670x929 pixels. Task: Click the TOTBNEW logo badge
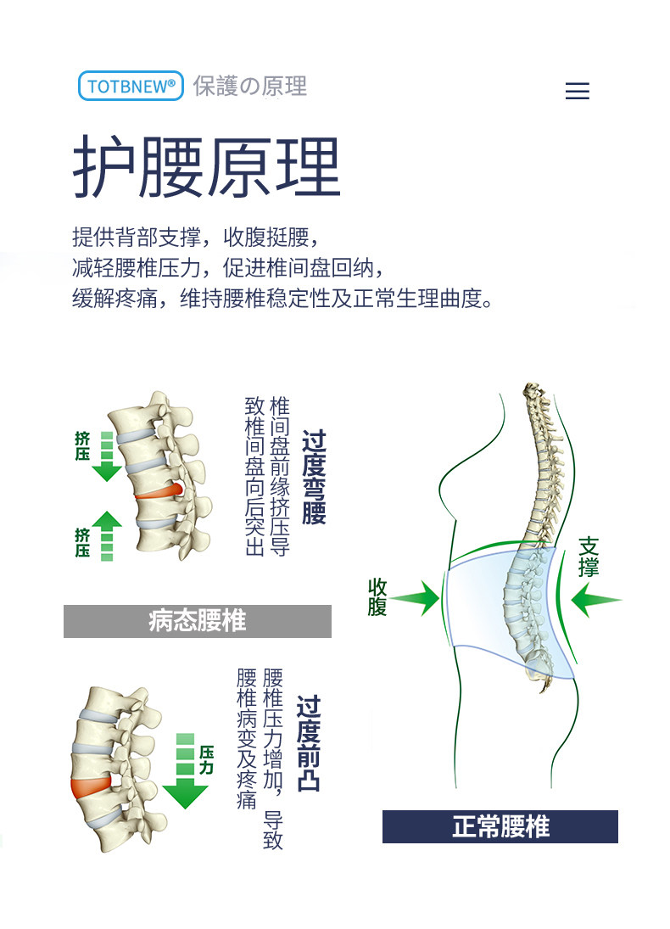[x=131, y=86]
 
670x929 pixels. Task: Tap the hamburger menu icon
[x=577, y=91]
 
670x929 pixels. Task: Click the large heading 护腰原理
[x=206, y=167]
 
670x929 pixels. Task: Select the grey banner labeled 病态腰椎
[x=197, y=621]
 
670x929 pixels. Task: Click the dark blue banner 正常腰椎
[x=500, y=826]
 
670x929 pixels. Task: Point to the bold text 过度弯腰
[x=314, y=477]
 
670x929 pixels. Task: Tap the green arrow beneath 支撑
[x=595, y=602]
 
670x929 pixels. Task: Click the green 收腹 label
[x=377, y=597]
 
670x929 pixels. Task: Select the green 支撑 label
[x=589, y=556]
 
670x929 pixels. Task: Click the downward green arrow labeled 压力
[x=185, y=775]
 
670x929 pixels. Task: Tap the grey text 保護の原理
[x=249, y=86]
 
